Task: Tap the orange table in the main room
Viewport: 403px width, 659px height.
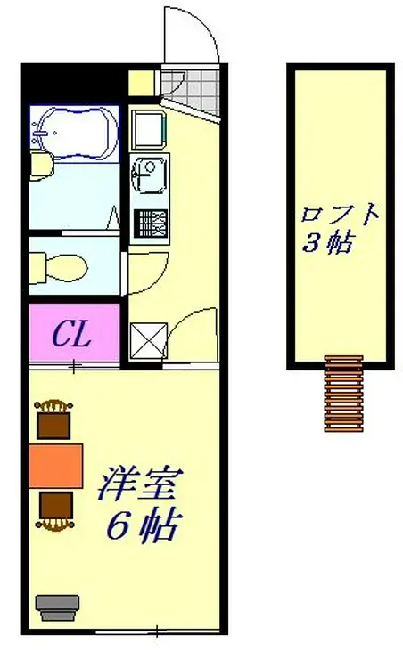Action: (x=55, y=465)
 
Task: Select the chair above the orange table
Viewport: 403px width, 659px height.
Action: (x=54, y=419)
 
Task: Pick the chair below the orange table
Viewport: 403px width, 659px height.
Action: (x=55, y=508)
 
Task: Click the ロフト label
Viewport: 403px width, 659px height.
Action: (x=341, y=216)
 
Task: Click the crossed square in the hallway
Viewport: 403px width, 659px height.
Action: (x=144, y=340)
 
